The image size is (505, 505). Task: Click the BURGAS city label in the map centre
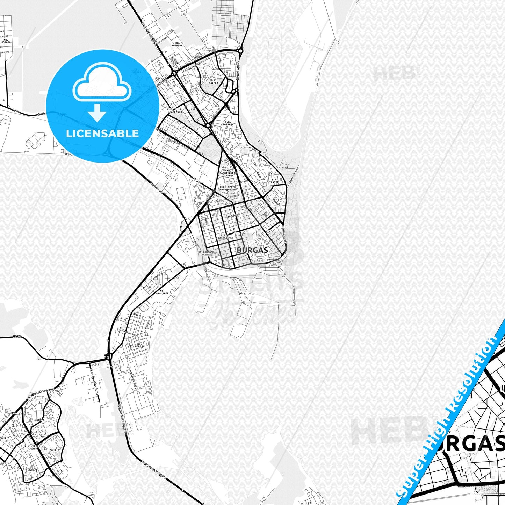click(252, 250)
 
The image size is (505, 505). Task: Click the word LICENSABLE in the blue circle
click(102, 133)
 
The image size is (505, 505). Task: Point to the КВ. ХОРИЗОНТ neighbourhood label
click(178, 44)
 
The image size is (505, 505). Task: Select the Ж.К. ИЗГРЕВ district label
click(213, 81)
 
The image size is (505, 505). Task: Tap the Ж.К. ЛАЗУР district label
click(275, 181)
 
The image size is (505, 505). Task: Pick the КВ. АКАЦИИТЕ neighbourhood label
click(162, 292)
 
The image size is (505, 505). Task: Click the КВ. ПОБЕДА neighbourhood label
click(139, 345)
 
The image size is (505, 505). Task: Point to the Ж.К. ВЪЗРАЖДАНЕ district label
click(224, 237)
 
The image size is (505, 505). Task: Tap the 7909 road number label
click(16, 337)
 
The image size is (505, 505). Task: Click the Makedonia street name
click(234, 216)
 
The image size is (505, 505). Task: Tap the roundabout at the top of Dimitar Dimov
click(241, 51)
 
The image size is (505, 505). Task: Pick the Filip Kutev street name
click(276, 265)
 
